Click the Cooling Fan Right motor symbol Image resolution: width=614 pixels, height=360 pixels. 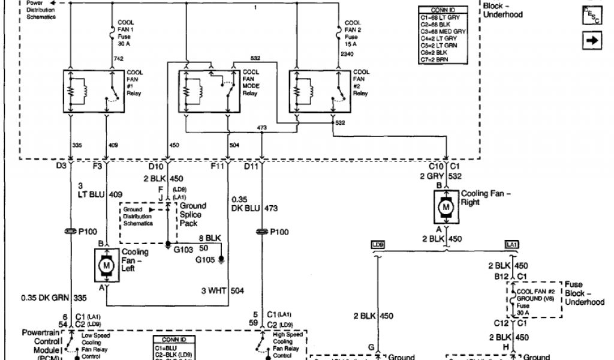pos(446,206)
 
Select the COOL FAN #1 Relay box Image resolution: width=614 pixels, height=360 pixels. pos(91,91)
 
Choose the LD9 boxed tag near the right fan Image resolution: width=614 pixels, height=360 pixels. pos(377,245)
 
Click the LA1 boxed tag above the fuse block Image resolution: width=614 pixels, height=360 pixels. pos(511,245)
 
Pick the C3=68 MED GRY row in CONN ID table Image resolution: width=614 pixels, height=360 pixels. pos(443,31)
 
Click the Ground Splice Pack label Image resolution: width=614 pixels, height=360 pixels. pos(191,214)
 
